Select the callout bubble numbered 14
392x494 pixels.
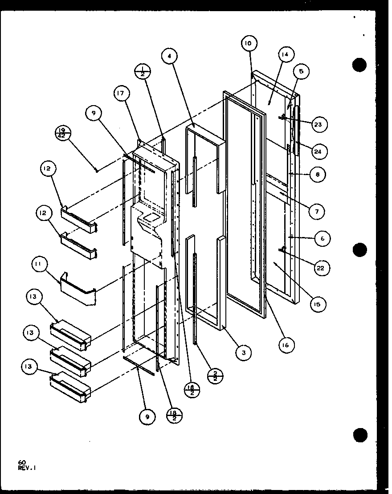(x=285, y=55)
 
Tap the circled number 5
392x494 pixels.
(x=301, y=71)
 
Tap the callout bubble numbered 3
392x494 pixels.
(x=244, y=353)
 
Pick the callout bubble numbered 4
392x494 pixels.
(x=170, y=57)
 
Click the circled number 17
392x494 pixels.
(x=121, y=94)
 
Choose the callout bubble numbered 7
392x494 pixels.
(x=317, y=211)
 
